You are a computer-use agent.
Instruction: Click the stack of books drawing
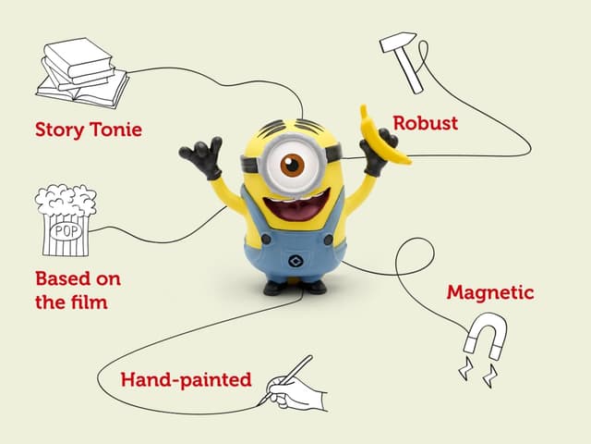pos(82,74)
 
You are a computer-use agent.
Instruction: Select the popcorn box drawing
pos(65,220)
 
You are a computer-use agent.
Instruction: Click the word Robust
pos(426,123)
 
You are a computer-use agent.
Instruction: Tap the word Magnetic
pos(490,293)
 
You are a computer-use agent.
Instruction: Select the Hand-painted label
pos(186,380)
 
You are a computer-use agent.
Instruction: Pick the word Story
pos(58,129)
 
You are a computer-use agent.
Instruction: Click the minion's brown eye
pos(293,165)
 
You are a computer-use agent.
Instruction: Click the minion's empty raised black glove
pos(203,157)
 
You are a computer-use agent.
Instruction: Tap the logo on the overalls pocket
pos(295,258)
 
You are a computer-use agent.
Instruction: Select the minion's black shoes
pos(295,287)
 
